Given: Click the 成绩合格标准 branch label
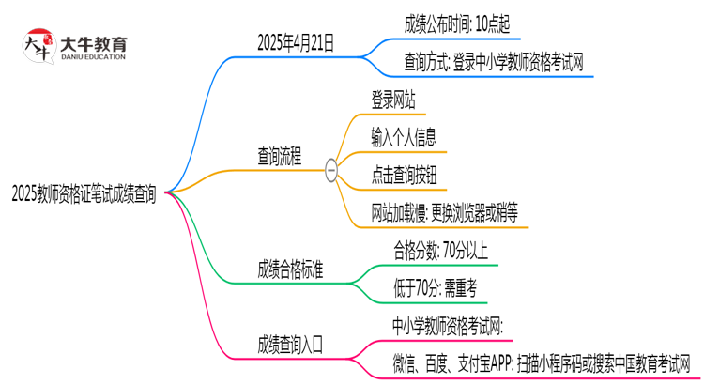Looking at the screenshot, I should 291,269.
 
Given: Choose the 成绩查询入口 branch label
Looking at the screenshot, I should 291,344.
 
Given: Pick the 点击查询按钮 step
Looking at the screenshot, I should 405,175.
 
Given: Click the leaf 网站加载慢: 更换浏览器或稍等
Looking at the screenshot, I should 445,213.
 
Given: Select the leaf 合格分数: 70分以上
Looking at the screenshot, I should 439,250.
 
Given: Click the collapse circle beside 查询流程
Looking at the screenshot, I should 330,169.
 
